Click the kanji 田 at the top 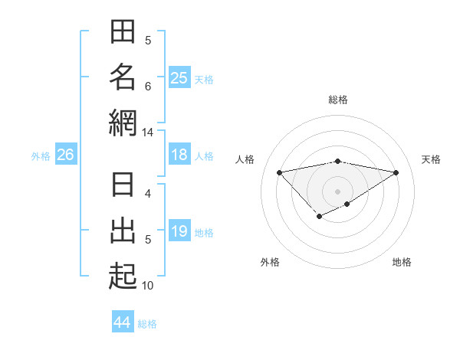(x=123, y=33)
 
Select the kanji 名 (x=123, y=78)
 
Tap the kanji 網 (x=123, y=123)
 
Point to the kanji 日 (x=123, y=185)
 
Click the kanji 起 (x=123, y=276)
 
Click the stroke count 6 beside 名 (x=148, y=87)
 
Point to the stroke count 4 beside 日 (x=148, y=194)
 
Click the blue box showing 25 (x=179, y=77)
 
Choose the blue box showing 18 (x=179, y=155)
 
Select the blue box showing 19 (x=179, y=231)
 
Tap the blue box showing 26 (x=65, y=155)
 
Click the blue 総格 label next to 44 (x=147, y=324)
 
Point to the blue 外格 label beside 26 (x=41, y=156)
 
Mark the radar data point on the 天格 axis (x=396, y=172)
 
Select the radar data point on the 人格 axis (x=279, y=172)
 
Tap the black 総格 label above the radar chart (x=337, y=100)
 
